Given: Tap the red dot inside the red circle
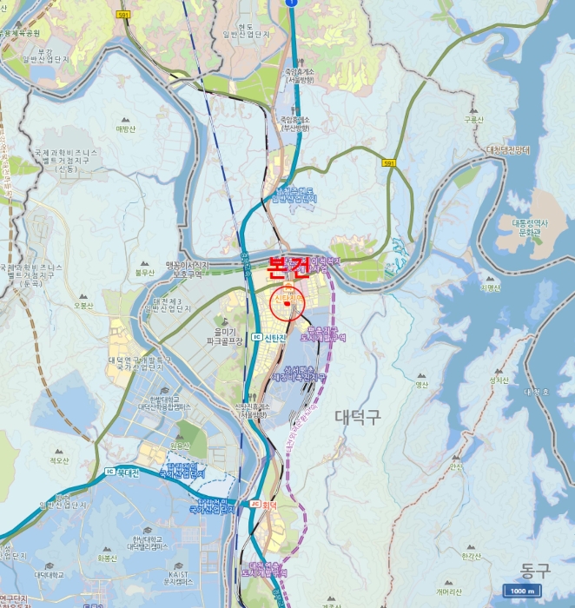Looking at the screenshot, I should pyautogui.click(x=286, y=304).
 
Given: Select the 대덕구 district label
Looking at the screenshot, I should pyautogui.click(x=357, y=416).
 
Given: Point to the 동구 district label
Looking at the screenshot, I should pyautogui.click(x=535, y=571).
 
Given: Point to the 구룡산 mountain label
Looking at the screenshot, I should pyautogui.click(x=473, y=121).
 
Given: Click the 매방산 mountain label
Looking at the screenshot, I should pyautogui.click(x=126, y=129).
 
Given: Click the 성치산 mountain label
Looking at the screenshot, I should pyautogui.click(x=498, y=380).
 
